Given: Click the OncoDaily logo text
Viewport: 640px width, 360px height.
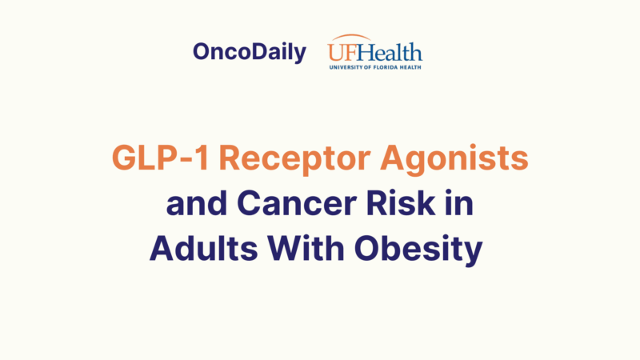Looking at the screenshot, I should pos(249,53).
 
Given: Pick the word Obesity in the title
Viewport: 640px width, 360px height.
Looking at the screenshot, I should pos(424,250).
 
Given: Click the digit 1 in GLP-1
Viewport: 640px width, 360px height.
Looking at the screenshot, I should pos(203,158).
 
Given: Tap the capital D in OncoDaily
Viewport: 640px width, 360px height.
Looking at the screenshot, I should pos(256,53).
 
